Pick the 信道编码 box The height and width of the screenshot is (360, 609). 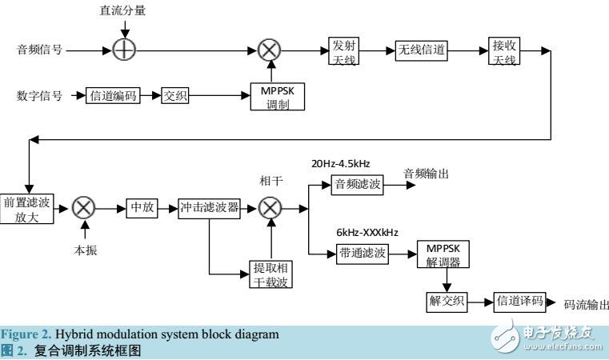[113, 96]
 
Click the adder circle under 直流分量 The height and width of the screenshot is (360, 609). [125, 50]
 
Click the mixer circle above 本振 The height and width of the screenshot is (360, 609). [84, 209]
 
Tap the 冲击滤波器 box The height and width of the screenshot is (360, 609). [209, 209]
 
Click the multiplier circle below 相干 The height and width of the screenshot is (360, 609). [271, 209]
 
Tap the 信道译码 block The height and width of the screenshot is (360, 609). [519, 302]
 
